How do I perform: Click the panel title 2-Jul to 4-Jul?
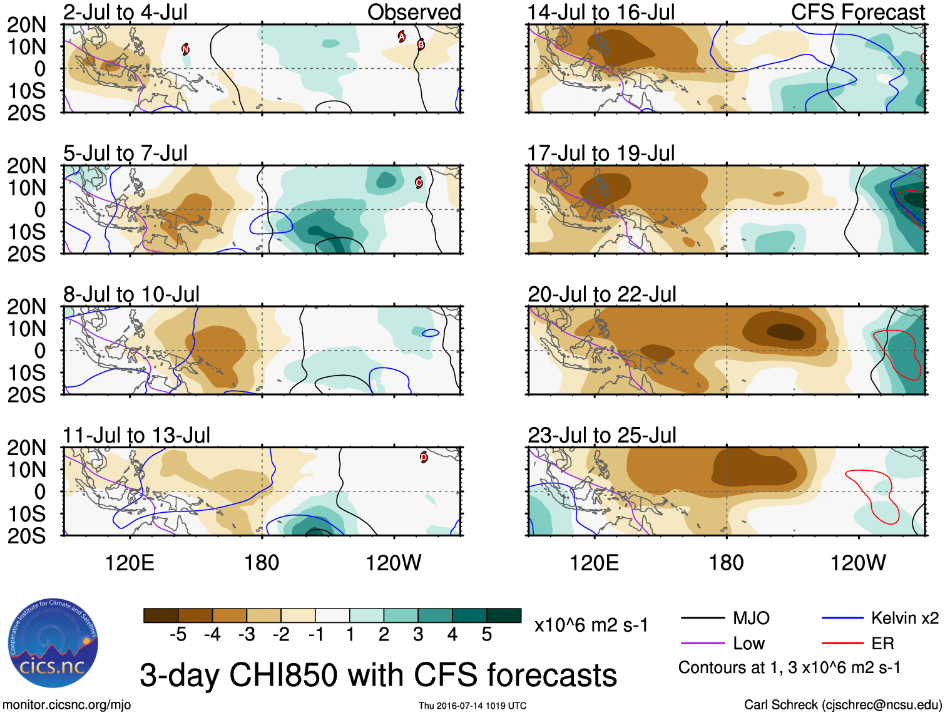(125, 12)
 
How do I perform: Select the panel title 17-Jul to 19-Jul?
(601, 153)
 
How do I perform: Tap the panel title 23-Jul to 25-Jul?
(601, 435)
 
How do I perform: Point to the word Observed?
(414, 12)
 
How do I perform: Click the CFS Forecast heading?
(857, 12)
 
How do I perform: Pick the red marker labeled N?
(185, 49)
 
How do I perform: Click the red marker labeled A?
(402, 37)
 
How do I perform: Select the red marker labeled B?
(421, 44)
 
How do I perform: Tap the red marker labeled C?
(419, 183)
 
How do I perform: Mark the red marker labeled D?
(424, 457)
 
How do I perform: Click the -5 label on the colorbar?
(178, 635)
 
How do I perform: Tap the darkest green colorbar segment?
(504, 615)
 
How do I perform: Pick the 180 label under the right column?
(726, 563)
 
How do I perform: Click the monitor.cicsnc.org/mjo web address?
(67, 705)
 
